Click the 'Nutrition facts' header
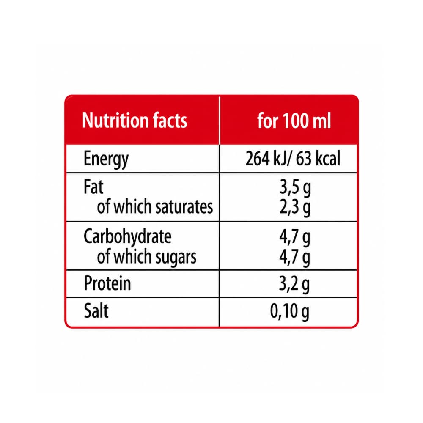135,120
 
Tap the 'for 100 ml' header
294,120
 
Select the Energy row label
106,159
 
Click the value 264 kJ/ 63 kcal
293,158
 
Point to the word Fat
93,187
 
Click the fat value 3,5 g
295,188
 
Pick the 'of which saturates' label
155,207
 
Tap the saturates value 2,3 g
295,208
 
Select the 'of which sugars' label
146,257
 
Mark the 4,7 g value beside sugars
294,258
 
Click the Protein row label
107,283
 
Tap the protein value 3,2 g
294,284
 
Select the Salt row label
96,311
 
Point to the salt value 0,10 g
289,312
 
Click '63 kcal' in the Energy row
318,158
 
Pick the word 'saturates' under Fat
184,207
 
